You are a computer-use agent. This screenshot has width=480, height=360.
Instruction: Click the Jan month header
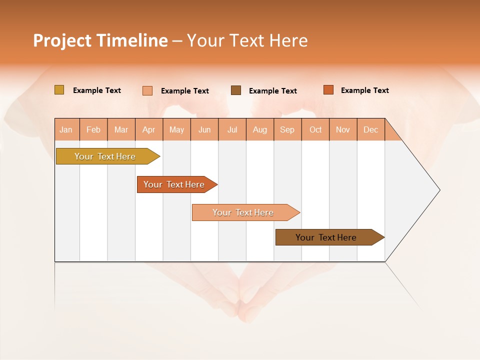coord(66,129)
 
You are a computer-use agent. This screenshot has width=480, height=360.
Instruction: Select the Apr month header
coord(149,129)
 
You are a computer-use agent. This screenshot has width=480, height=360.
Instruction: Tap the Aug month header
coord(260,129)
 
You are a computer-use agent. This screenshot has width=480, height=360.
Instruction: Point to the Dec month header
coord(371,129)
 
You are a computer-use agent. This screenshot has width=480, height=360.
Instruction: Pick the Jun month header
coord(204,129)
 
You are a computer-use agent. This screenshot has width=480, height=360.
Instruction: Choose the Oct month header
coord(315,129)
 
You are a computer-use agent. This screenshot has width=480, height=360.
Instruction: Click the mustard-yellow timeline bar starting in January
coord(105,156)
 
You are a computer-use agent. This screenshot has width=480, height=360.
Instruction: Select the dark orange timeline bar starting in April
coord(174,184)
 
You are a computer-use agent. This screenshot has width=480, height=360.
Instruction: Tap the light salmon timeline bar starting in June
coord(243,212)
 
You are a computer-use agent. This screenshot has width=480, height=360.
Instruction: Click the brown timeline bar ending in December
coord(326,237)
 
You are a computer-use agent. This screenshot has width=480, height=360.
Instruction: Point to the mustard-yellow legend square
coord(59,90)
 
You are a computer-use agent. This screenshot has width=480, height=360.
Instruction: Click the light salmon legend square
coord(147,90)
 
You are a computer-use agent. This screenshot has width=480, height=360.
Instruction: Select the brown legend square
coord(236,90)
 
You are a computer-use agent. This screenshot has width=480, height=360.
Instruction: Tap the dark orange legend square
coord(328,90)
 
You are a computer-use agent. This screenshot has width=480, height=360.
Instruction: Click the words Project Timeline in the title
coord(100,40)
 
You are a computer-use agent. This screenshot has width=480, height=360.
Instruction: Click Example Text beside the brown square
coord(272,91)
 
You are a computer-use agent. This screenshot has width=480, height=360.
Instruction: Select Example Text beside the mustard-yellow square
coord(97,90)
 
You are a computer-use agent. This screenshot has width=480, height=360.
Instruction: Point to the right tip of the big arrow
coord(439,190)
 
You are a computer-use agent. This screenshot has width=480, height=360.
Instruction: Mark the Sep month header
coord(287,129)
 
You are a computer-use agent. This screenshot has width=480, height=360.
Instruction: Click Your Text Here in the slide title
coord(247,40)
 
